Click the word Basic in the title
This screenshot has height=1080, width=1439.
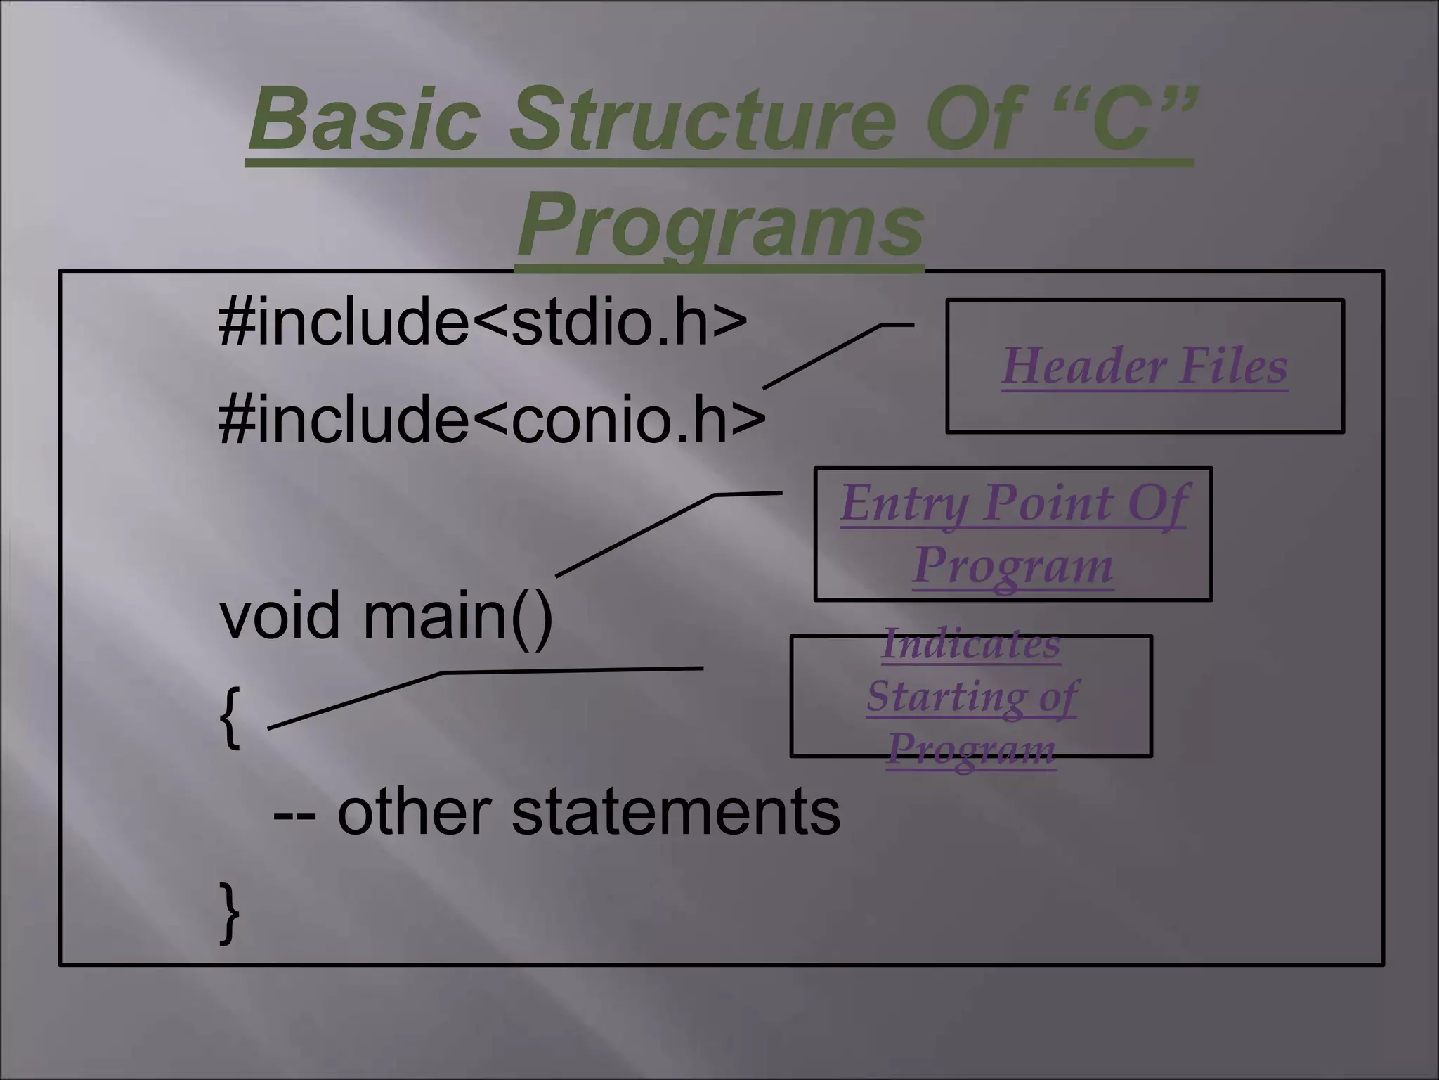pyautogui.click(x=364, y=117)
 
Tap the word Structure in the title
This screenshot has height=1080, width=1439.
pyautogui.click(x=703, y=117)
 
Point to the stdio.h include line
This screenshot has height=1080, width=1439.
pyautogui.click(x=483, y=321)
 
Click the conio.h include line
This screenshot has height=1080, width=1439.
pyautogui.click(x=492, y=420)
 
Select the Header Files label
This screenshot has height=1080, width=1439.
pyautogui.click(x=1144, y=366)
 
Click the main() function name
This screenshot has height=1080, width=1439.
pyautogui.click(x=457, y=616)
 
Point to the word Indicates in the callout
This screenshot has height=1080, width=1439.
pyautogui.click(x=970, y=644)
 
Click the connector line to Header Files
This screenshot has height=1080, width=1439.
pyautogui.click(x=822, y=356)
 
